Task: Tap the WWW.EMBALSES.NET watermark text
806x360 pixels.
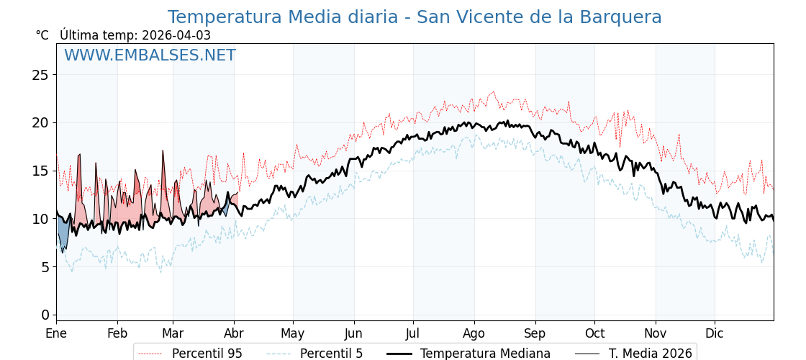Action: [x=150, y=55]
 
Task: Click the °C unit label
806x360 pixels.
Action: [x=42, y=35]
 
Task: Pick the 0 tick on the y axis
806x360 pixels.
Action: [x=45, y=315]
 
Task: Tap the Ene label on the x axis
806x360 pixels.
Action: [x=56, y=334]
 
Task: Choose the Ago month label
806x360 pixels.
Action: [x=474, y=334]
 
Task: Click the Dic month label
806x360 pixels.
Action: [x=714, y=334]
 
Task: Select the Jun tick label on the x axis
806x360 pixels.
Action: [x=353, y=334]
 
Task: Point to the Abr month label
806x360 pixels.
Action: [x=234, y=334]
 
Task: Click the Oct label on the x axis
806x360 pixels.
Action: [x=594, y=334]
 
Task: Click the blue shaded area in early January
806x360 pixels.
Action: [x=63, y=234]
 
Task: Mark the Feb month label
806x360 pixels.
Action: [x=117, y=334]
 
